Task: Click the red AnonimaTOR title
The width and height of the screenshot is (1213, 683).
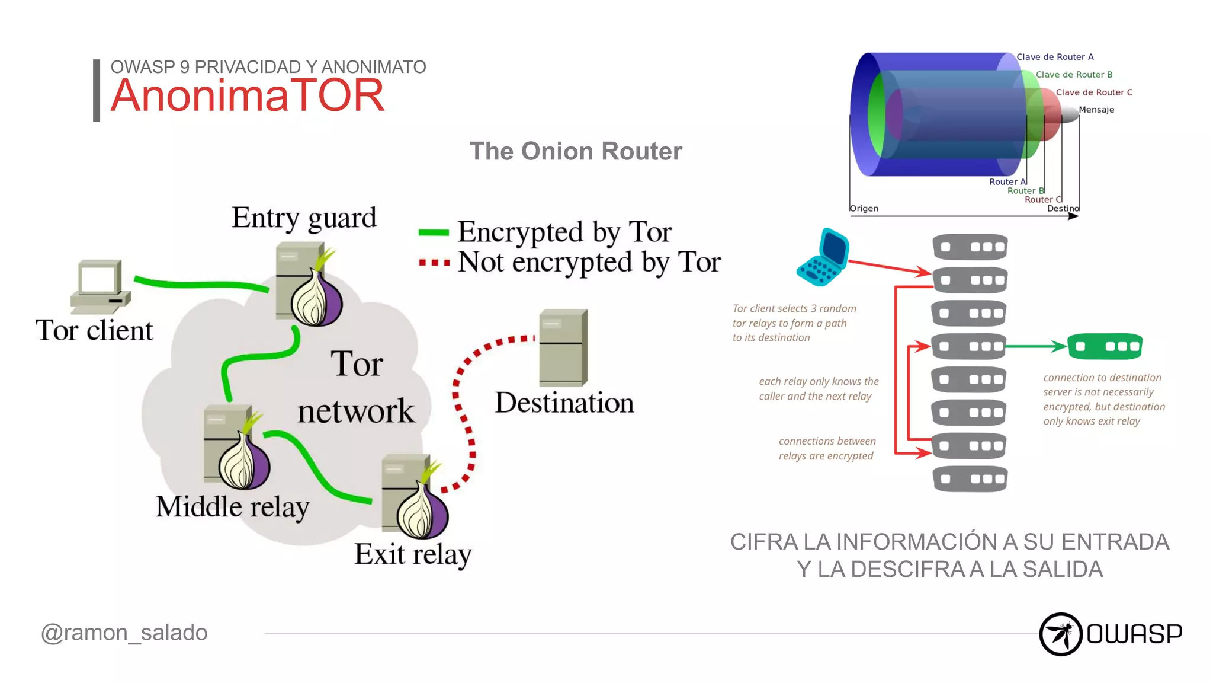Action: coord(248,96)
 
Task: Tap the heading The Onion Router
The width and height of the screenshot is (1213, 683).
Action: coord(575,151)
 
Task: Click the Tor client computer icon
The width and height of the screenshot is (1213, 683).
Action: coord(100,286)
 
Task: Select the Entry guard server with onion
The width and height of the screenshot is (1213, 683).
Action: coord(308,285)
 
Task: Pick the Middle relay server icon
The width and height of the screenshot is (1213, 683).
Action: coord(236,448)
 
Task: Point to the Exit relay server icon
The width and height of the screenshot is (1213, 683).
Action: coord(414,496)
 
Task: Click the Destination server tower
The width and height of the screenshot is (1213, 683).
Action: coord(563,348)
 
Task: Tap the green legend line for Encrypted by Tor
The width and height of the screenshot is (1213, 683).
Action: coord(434,232)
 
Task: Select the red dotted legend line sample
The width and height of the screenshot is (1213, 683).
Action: coord(434,262)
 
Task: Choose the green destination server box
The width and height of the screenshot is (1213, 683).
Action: coord(1105,346)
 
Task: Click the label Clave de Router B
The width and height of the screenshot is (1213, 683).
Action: coord(1073,75)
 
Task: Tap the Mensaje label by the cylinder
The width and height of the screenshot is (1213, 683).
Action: coord(1096,110)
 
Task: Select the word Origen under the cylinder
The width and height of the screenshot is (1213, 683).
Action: coord(864,208)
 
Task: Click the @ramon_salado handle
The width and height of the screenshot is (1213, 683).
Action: coord(124,633)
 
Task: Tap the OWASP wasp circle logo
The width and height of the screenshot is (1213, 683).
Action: coord(1060,634)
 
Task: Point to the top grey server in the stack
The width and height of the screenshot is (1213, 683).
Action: coord(970,247)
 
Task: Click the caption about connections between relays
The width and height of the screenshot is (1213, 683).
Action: coord(827,448)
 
